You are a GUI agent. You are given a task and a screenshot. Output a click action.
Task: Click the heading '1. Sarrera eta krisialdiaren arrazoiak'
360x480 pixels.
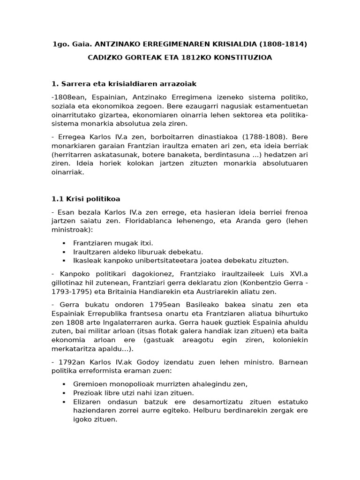(124, 84)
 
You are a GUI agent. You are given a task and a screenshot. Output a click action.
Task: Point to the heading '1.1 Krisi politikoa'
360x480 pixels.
(86, 199)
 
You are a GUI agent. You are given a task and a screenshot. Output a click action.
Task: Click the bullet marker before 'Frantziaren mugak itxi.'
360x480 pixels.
(63, 243)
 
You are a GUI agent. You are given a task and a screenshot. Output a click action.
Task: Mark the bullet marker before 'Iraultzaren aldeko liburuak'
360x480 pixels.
(63, 252)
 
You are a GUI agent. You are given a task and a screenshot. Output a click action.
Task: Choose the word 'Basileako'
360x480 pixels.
(195, 305)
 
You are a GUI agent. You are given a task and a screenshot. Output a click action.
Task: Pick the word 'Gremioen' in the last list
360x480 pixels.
(89, 384)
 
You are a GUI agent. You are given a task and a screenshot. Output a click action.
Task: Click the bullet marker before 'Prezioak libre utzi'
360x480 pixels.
(63, 393)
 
